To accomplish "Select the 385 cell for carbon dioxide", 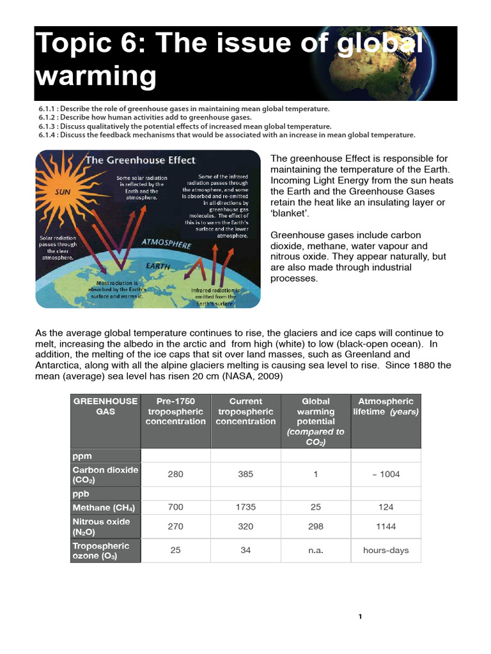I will coord(245,475).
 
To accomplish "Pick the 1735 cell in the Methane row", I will coord(245,507).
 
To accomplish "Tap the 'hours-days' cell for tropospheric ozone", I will coord(386,550).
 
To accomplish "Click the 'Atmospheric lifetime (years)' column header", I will coord(386,406).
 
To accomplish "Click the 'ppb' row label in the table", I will coord(81,494).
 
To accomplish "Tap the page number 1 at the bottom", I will coord(360,616).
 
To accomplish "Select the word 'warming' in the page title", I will coord(96,77).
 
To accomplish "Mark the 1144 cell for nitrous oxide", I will coord(386,527).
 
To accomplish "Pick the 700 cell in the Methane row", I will coord(175,507).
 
